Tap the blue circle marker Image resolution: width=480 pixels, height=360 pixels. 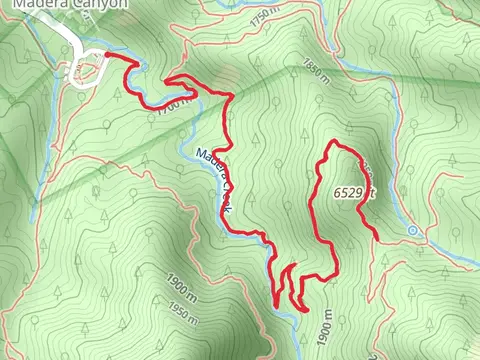(413, 231)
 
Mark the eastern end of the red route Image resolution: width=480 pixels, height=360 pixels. (375, 234)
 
